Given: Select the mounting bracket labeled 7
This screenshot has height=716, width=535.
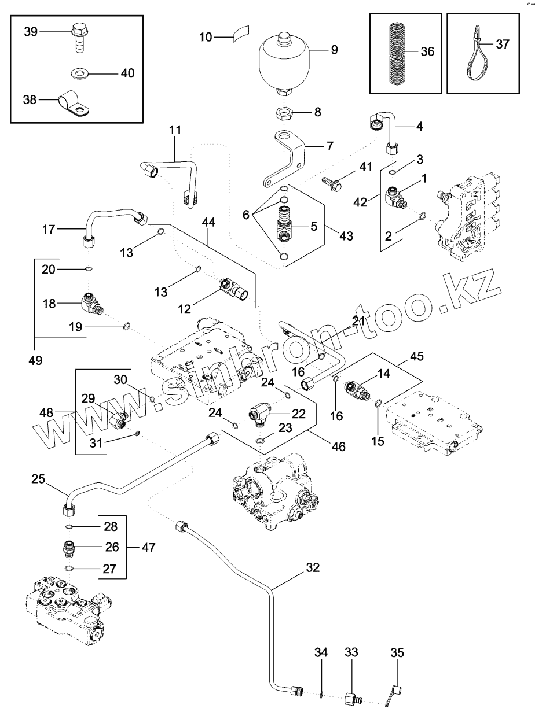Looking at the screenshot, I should click(288, 157).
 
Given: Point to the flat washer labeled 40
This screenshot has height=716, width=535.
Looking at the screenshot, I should click(77, 73).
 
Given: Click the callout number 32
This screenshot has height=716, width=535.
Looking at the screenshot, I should click(313, 567).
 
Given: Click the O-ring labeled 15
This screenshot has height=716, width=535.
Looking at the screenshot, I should click(378, 404).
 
